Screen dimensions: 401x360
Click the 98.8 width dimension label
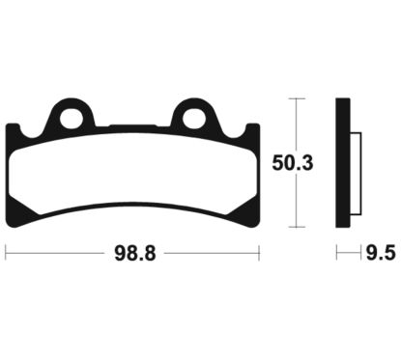[x=135, y=254]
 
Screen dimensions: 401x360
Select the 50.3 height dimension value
[x=293, y=163]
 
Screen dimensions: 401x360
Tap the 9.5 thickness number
[x=381, y=253]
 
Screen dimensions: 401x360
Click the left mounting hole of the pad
[x=72, y=118]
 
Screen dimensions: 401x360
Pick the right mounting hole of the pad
[x=194, y=118]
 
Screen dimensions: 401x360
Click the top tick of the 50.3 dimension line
[x=296, y=98]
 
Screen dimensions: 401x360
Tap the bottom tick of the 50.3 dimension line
[x=296, y=227]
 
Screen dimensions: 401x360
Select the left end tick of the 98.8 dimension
[x=6, y=253]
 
